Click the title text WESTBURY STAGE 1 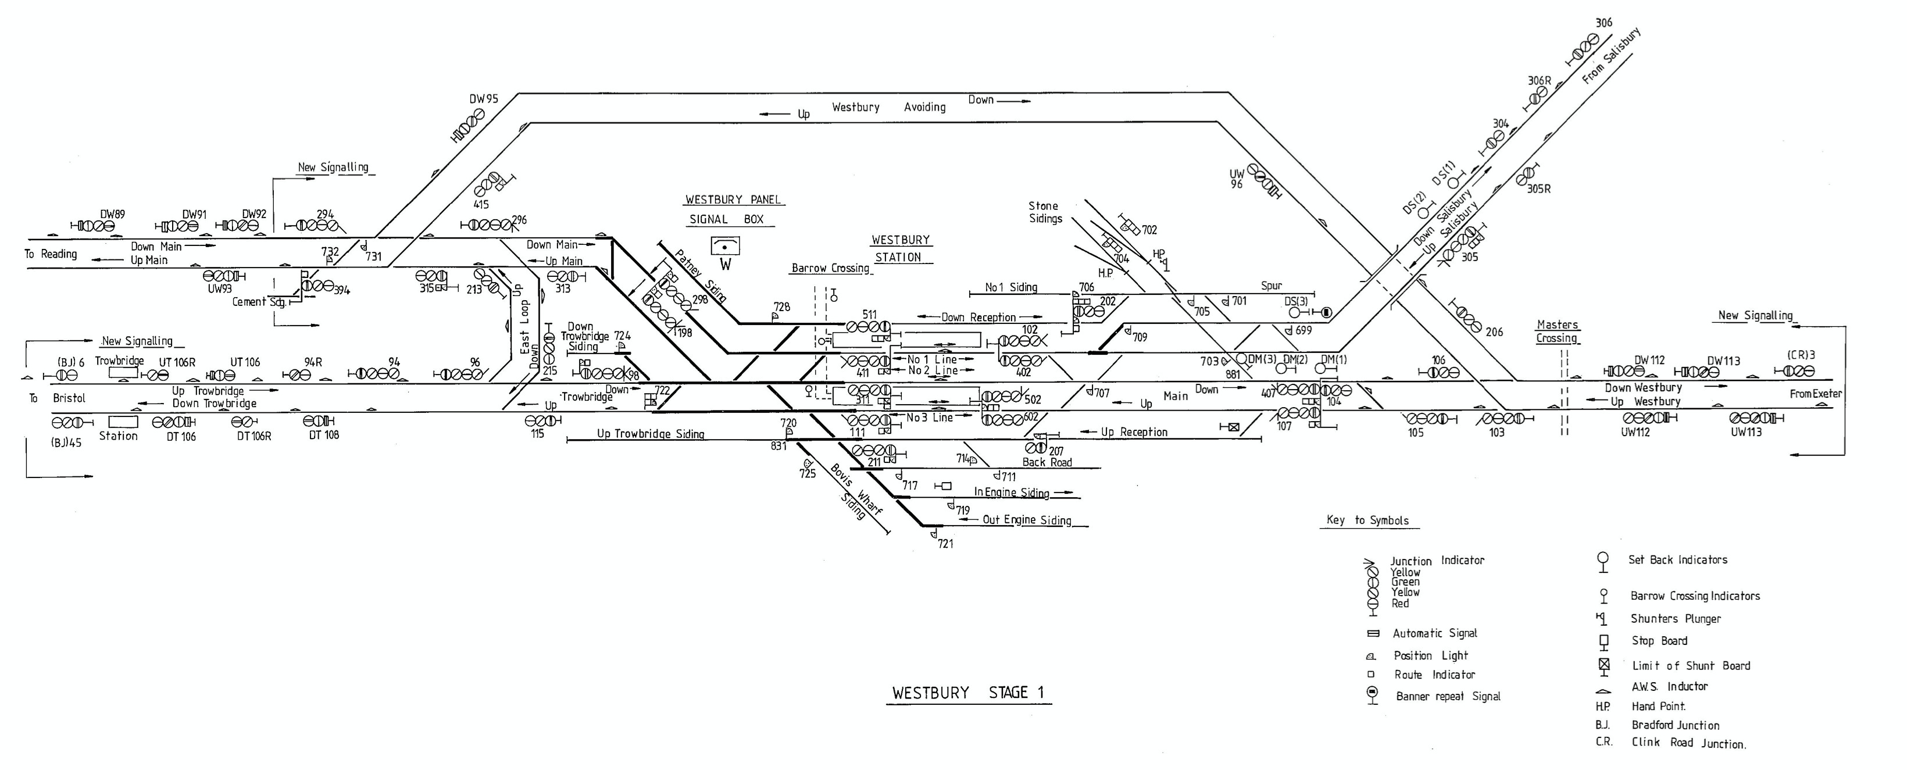[x=967, y=693]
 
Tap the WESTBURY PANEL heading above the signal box [x=733, y=200]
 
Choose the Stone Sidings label [x=1045, y=212]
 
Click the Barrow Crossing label [x=830, y=268]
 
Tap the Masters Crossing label [x=1557, y=331]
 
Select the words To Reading [x=51, y=254]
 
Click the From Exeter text [x=1815, y=394]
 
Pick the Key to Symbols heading [x=1367, y=520]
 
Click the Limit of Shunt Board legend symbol [x=1604, y=665]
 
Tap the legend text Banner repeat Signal [x=1447, y=696]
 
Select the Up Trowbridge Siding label [x=651, y=434]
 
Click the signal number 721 [x=945, y=543]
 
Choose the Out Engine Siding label [x=1027, y=520]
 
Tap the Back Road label [x=1047, y=462]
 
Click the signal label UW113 [x=1745, y=432]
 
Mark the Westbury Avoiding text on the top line [x=888, y=108]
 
